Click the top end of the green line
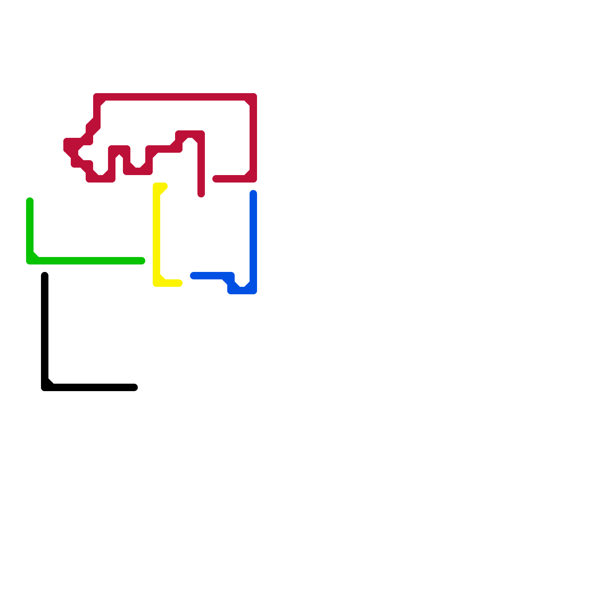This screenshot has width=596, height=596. click(30, 201)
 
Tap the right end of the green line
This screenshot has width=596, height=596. click(142, 261)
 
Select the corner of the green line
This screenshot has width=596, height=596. click(30, 261)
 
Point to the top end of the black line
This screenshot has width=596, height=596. click(45, 276)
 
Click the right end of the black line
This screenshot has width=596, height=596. click(134, 387)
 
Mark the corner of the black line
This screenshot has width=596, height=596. click(45, 387)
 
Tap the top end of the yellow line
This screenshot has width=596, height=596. click(164, 186)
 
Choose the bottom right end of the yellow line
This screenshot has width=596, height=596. click(179, 283)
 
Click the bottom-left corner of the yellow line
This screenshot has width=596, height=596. click(156, 283)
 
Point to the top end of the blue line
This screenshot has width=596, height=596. click(253, 193)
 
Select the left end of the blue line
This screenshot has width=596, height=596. click(193, 276)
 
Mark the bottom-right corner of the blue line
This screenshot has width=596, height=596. click(253, 291)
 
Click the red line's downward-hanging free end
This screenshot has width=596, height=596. click(201, 194)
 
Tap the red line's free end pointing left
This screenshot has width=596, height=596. click(216, 179)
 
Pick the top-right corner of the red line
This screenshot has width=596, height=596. click(253, 97)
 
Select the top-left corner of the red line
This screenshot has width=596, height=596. click(97, 97)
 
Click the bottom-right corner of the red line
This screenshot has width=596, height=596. click(253, 179)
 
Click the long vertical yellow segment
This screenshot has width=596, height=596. click(156, 235)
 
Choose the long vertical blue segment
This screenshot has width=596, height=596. click(253, 238)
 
